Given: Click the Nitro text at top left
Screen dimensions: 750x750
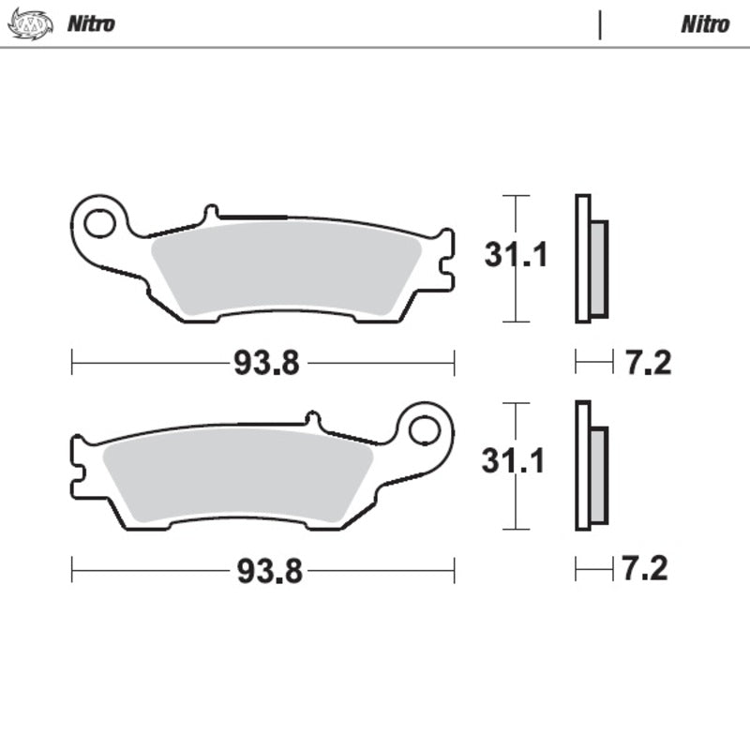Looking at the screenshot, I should (91, 24).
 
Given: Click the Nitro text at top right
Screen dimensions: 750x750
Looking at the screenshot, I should (704, 24).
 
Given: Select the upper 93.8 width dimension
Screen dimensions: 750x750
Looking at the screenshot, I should (266, 363).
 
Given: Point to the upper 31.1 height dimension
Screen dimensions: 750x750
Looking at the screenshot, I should (515, 255).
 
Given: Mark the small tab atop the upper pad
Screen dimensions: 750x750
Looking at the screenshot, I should (211, 212).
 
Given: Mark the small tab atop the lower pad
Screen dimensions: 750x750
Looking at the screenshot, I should (312, 419).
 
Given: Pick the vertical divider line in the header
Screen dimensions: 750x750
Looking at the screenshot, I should (599, 24).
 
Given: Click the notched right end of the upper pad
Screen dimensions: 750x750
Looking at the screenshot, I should (444, 259).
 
